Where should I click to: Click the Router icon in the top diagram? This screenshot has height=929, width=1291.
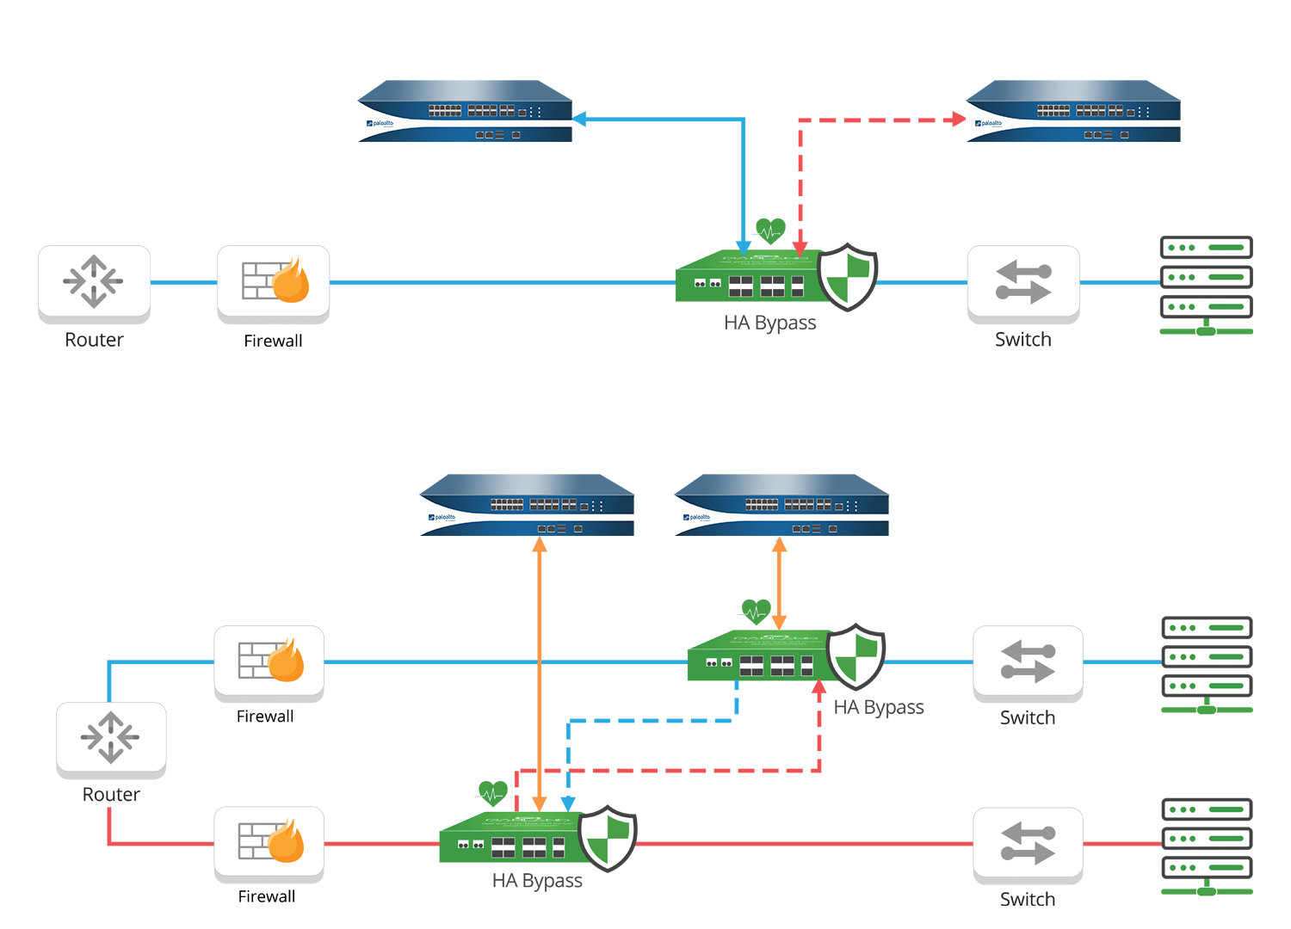94,281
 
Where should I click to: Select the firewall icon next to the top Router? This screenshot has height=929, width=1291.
274,281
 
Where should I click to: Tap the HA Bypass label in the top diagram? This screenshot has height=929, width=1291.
769,323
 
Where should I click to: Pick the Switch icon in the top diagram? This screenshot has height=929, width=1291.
1022,283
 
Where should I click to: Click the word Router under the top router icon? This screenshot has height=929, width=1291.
94,340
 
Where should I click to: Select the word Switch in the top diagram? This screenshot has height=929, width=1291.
1022,340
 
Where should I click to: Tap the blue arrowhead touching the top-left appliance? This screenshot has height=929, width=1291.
579,119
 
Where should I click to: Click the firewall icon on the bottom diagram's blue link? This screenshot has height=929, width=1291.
269,661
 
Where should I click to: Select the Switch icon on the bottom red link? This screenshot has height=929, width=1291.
1028,843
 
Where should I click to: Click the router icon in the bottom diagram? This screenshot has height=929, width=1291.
111,737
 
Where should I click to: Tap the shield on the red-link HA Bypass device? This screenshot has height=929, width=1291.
607,838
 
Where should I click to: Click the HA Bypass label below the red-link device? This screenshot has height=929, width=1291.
537,882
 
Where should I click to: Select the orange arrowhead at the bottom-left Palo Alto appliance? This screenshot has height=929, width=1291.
540,544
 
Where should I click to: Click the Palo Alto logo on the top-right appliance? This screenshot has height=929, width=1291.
987,124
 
